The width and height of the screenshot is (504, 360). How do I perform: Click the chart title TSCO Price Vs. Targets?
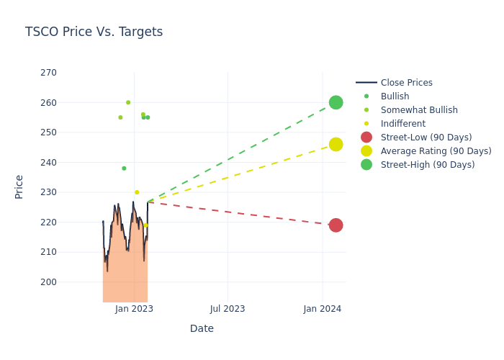click(x=94, y=32)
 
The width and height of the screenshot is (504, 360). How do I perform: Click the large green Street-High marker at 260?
click(x=336, y=102)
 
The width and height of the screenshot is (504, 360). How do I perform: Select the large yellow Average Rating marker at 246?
click(x=336, y=144)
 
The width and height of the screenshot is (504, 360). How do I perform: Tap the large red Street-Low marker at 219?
click(x=336, y=225)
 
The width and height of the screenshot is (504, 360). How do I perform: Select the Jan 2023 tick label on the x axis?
click(x=134, y=309)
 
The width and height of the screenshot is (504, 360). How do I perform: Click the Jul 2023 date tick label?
click(x=228, y=309)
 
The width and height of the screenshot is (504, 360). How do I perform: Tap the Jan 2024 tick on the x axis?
click(x=322, y=309)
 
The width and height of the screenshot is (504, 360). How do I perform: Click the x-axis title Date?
click(x=202, y=328)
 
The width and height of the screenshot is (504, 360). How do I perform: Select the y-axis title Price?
click(x=19, y=186)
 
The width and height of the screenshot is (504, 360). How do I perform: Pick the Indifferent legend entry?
click(x=402, y=124)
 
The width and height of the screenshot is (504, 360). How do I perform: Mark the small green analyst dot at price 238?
click(x=124, y=168)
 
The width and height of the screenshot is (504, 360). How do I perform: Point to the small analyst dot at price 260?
click(x=128, y=102)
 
